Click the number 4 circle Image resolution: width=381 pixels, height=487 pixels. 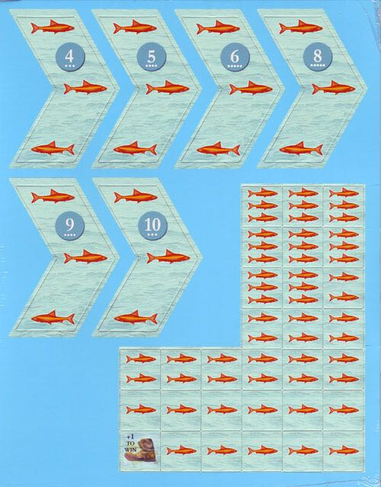[69, 57]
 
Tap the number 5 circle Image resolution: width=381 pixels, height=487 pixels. [152, 57]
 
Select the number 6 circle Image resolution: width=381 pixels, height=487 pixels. [235, 57]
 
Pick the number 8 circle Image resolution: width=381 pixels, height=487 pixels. [318, 57]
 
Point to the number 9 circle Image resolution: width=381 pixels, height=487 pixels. [70, 226]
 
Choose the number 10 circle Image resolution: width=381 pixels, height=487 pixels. [152, 226]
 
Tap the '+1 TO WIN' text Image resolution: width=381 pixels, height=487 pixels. [130, 442]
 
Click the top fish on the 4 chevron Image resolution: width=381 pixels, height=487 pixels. [53, 27]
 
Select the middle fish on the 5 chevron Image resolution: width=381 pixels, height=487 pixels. [168, 88]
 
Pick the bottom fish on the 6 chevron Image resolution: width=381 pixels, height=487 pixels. [219, 148]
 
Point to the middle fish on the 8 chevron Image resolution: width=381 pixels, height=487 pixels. [334, 88]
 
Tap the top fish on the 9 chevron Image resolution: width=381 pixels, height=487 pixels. [53, 196]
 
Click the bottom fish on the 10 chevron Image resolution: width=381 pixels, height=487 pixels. [136, 317]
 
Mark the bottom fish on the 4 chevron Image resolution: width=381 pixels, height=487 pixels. [53, 148]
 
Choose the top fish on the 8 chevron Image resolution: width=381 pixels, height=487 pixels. [301, 27]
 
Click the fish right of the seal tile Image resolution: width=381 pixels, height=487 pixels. [181, 450]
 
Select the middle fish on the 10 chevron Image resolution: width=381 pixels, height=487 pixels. [168, 257]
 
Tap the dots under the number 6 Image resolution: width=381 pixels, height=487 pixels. [235, 66]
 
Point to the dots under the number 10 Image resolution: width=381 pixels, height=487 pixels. [152, 234]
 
